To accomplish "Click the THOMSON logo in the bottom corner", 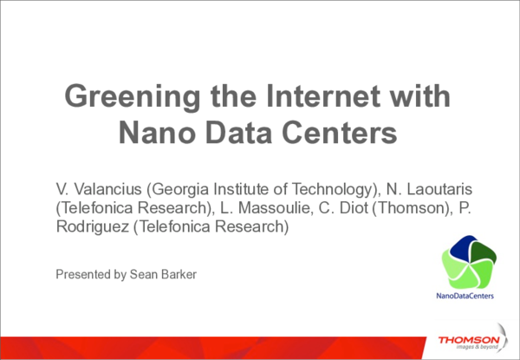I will point(468,340).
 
